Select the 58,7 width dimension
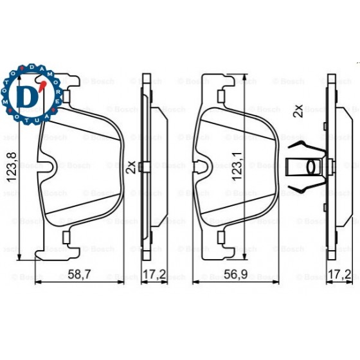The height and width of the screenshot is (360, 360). (79, 274)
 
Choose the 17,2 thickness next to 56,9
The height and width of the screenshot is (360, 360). (339, 274)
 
